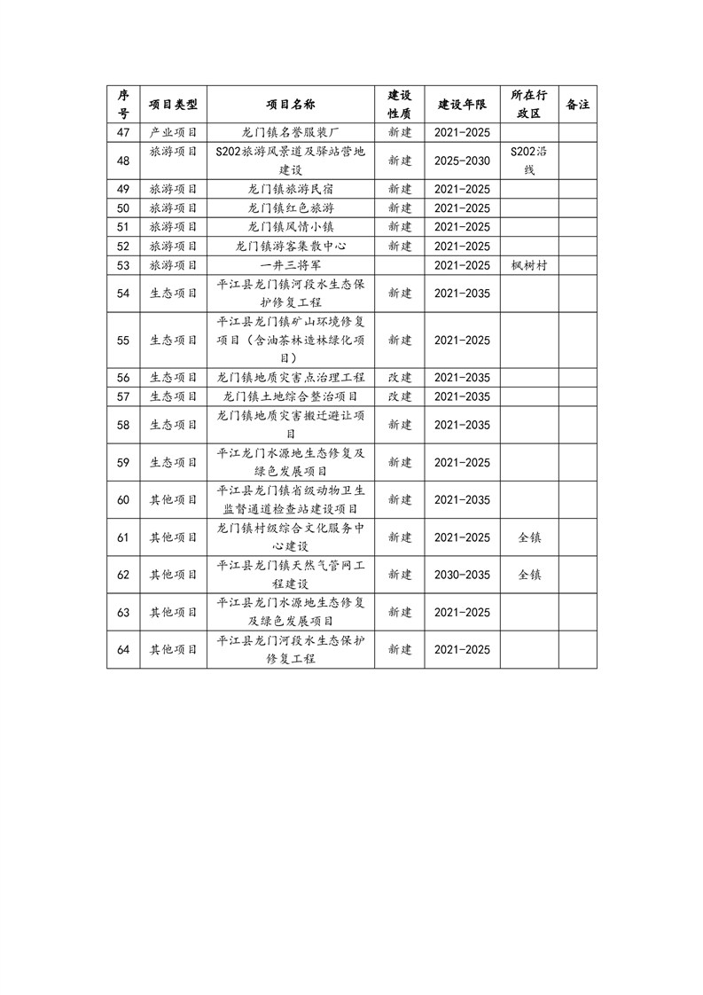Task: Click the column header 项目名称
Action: pos(291,105)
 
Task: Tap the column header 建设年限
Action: pos(462,105)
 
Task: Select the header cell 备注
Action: pos(577,105)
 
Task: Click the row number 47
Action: pos(123,132)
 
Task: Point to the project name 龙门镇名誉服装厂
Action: pos(291,132)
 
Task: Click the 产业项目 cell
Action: pos(173,132)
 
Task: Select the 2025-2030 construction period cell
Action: pos(462,161)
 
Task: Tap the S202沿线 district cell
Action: pos(530,161)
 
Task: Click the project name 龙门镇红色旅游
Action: pos(291,208)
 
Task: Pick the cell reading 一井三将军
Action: pos(291,264)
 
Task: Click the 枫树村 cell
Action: pos(530,264)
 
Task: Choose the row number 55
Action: pos(123,340)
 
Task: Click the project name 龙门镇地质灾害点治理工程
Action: pos(291,377)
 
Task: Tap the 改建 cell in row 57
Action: pos(400,396)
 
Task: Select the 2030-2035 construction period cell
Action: pos(462,575)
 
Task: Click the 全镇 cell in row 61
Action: pos(530,537)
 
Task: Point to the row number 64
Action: pos(123,650)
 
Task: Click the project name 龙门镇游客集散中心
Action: pos(291,246)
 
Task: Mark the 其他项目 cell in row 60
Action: pos(173,499)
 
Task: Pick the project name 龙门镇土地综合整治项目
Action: pos(291,396)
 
